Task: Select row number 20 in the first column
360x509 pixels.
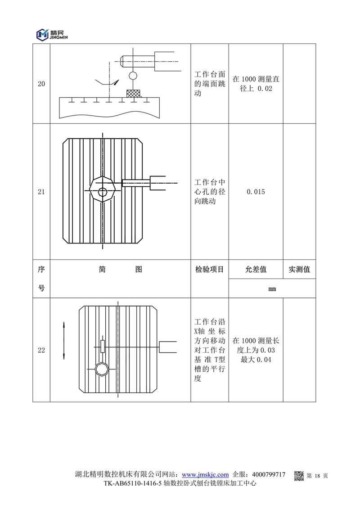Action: pyautogui.click(x=41, y=84)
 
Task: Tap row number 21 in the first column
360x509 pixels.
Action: pyautogui.click(x=41, y=192)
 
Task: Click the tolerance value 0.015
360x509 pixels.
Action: pyautogui.click(x=256, y=192)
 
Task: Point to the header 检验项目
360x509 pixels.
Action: pyautogui.click(x=210, y=270)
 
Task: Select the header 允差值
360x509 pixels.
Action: pyautogui.click(x=256, y=270)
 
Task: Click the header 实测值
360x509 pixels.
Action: pyautogui.click(x=299, y=270)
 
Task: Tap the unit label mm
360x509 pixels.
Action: pyautogui.click(x=272, y=288)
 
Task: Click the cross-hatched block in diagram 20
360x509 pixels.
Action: pyautogui.click(x=133, y=93)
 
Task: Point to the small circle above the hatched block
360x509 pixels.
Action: pyautogui.click(x=133, y=75)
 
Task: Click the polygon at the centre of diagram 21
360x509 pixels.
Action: pyautogui.click(x=103, y=192)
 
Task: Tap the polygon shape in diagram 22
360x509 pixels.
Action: pyautogui.click(x=102, y=369)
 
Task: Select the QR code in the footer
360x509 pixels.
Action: pyautogui.click(x=299, y=475)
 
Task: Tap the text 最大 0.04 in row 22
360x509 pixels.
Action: pyautogui.click(x=256, y=359)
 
